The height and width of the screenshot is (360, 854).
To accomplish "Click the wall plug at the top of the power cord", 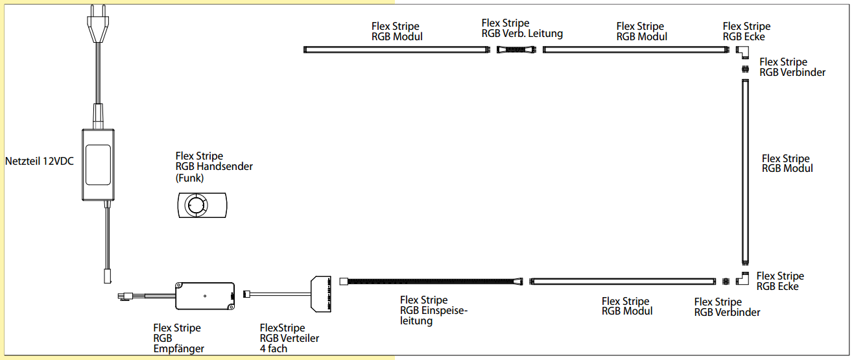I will [97, 26].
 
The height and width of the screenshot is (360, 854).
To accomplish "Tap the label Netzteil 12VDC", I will [39, 161].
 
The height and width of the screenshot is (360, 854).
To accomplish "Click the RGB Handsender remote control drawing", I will [201, 205].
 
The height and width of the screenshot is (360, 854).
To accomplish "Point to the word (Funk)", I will [189, 177].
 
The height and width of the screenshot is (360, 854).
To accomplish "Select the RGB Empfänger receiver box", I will [205, 295].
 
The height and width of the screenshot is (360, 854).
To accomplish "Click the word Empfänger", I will [179, 349].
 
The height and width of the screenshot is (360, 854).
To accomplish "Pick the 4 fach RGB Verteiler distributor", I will [323, 293].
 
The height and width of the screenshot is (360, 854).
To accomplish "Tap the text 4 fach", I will [274, 349].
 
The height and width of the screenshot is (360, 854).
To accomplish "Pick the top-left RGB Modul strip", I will [396, 49].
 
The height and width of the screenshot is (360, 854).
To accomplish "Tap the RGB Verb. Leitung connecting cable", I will [516, 49].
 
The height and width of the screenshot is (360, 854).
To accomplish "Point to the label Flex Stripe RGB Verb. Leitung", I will [522, 29].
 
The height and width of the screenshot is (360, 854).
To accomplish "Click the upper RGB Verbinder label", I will [792, 67].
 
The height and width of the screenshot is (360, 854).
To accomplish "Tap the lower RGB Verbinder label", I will [727, 307].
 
